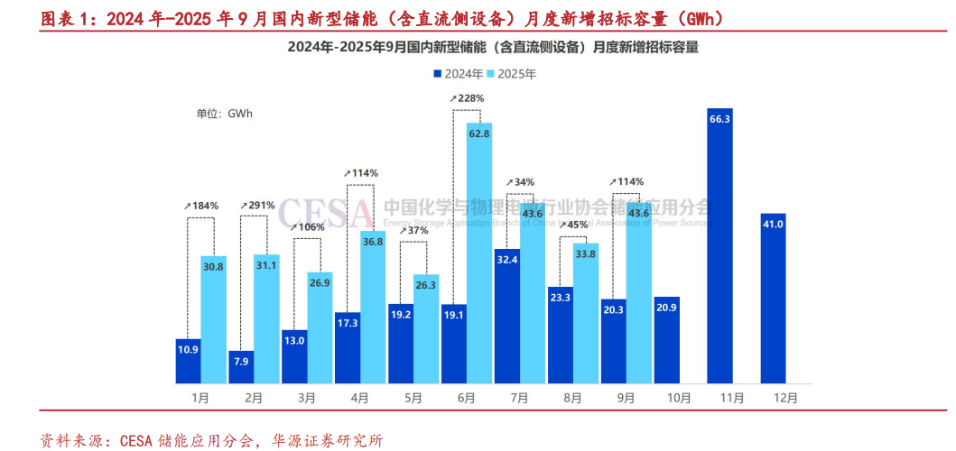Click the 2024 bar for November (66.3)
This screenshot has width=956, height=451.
(x=719, y=245)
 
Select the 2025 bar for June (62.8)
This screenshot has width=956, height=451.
(x=479, y=253)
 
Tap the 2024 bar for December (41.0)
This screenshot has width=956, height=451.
(x=773, y=298)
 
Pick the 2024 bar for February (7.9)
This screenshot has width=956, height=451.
(x=241, y=366)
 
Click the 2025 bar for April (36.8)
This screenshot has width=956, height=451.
(x=373, y=307)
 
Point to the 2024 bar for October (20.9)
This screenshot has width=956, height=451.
(x=666, y=339)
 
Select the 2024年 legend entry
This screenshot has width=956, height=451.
(x=458, y=74)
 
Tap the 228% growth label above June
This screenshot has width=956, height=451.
(x=467, y=98)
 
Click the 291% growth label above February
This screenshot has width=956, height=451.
(x=257, y=206)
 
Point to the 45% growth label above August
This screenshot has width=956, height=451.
(x=573, y=225)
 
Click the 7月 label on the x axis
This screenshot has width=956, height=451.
(x=519, y=397)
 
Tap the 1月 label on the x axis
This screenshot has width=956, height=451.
(x=200, y=397)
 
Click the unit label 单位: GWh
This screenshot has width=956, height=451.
(x=224, y=114)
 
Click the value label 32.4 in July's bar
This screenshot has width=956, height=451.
(x=506, y=260)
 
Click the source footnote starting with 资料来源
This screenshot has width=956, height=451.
(x=211, y=440)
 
